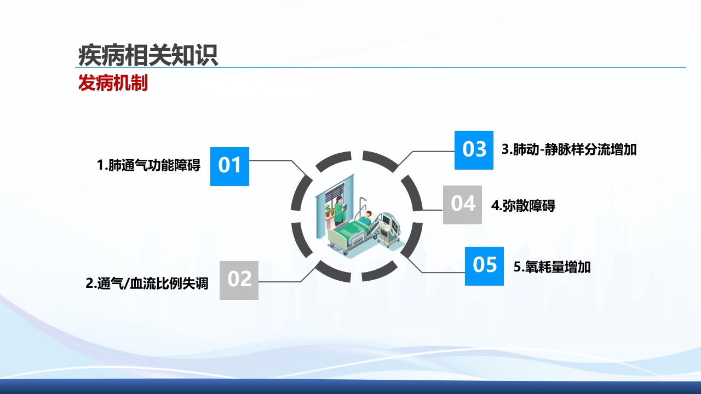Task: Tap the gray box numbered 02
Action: [x=239, y=280]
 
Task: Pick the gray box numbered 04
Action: [x=462, y=205]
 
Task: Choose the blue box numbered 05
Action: [x=484, y=266]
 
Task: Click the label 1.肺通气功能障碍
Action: [x=148, y=165]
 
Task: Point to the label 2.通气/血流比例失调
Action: [x=147, y=284]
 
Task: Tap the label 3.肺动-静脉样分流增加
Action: [x=569, y=149]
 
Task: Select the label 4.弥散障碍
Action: [x=523, y=206]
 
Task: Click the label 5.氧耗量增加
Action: [x=552, y=268]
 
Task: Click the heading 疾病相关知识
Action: [x=148, y=55]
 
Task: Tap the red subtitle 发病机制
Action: [x=113, y=83]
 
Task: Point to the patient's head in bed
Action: [x=369, y=214]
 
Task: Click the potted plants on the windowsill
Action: [x=328, y=211]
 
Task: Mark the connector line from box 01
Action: [x=274, y=160]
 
